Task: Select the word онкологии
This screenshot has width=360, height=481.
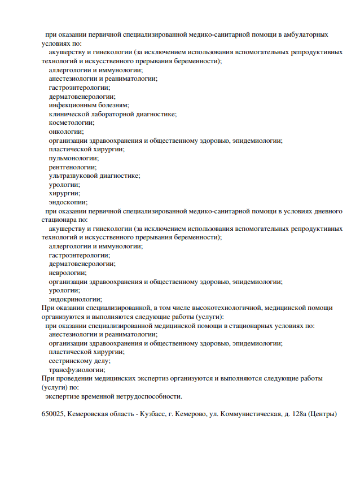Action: (66, 132)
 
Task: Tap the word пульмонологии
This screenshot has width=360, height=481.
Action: (74, 158)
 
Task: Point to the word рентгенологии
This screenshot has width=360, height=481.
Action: (72, 167)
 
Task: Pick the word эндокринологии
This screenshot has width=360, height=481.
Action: (76, 299)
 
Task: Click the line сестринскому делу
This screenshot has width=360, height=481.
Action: (80, 361)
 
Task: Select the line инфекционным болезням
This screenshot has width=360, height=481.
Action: (89, 105)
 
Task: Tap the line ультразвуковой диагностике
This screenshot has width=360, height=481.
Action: (94, 176)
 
